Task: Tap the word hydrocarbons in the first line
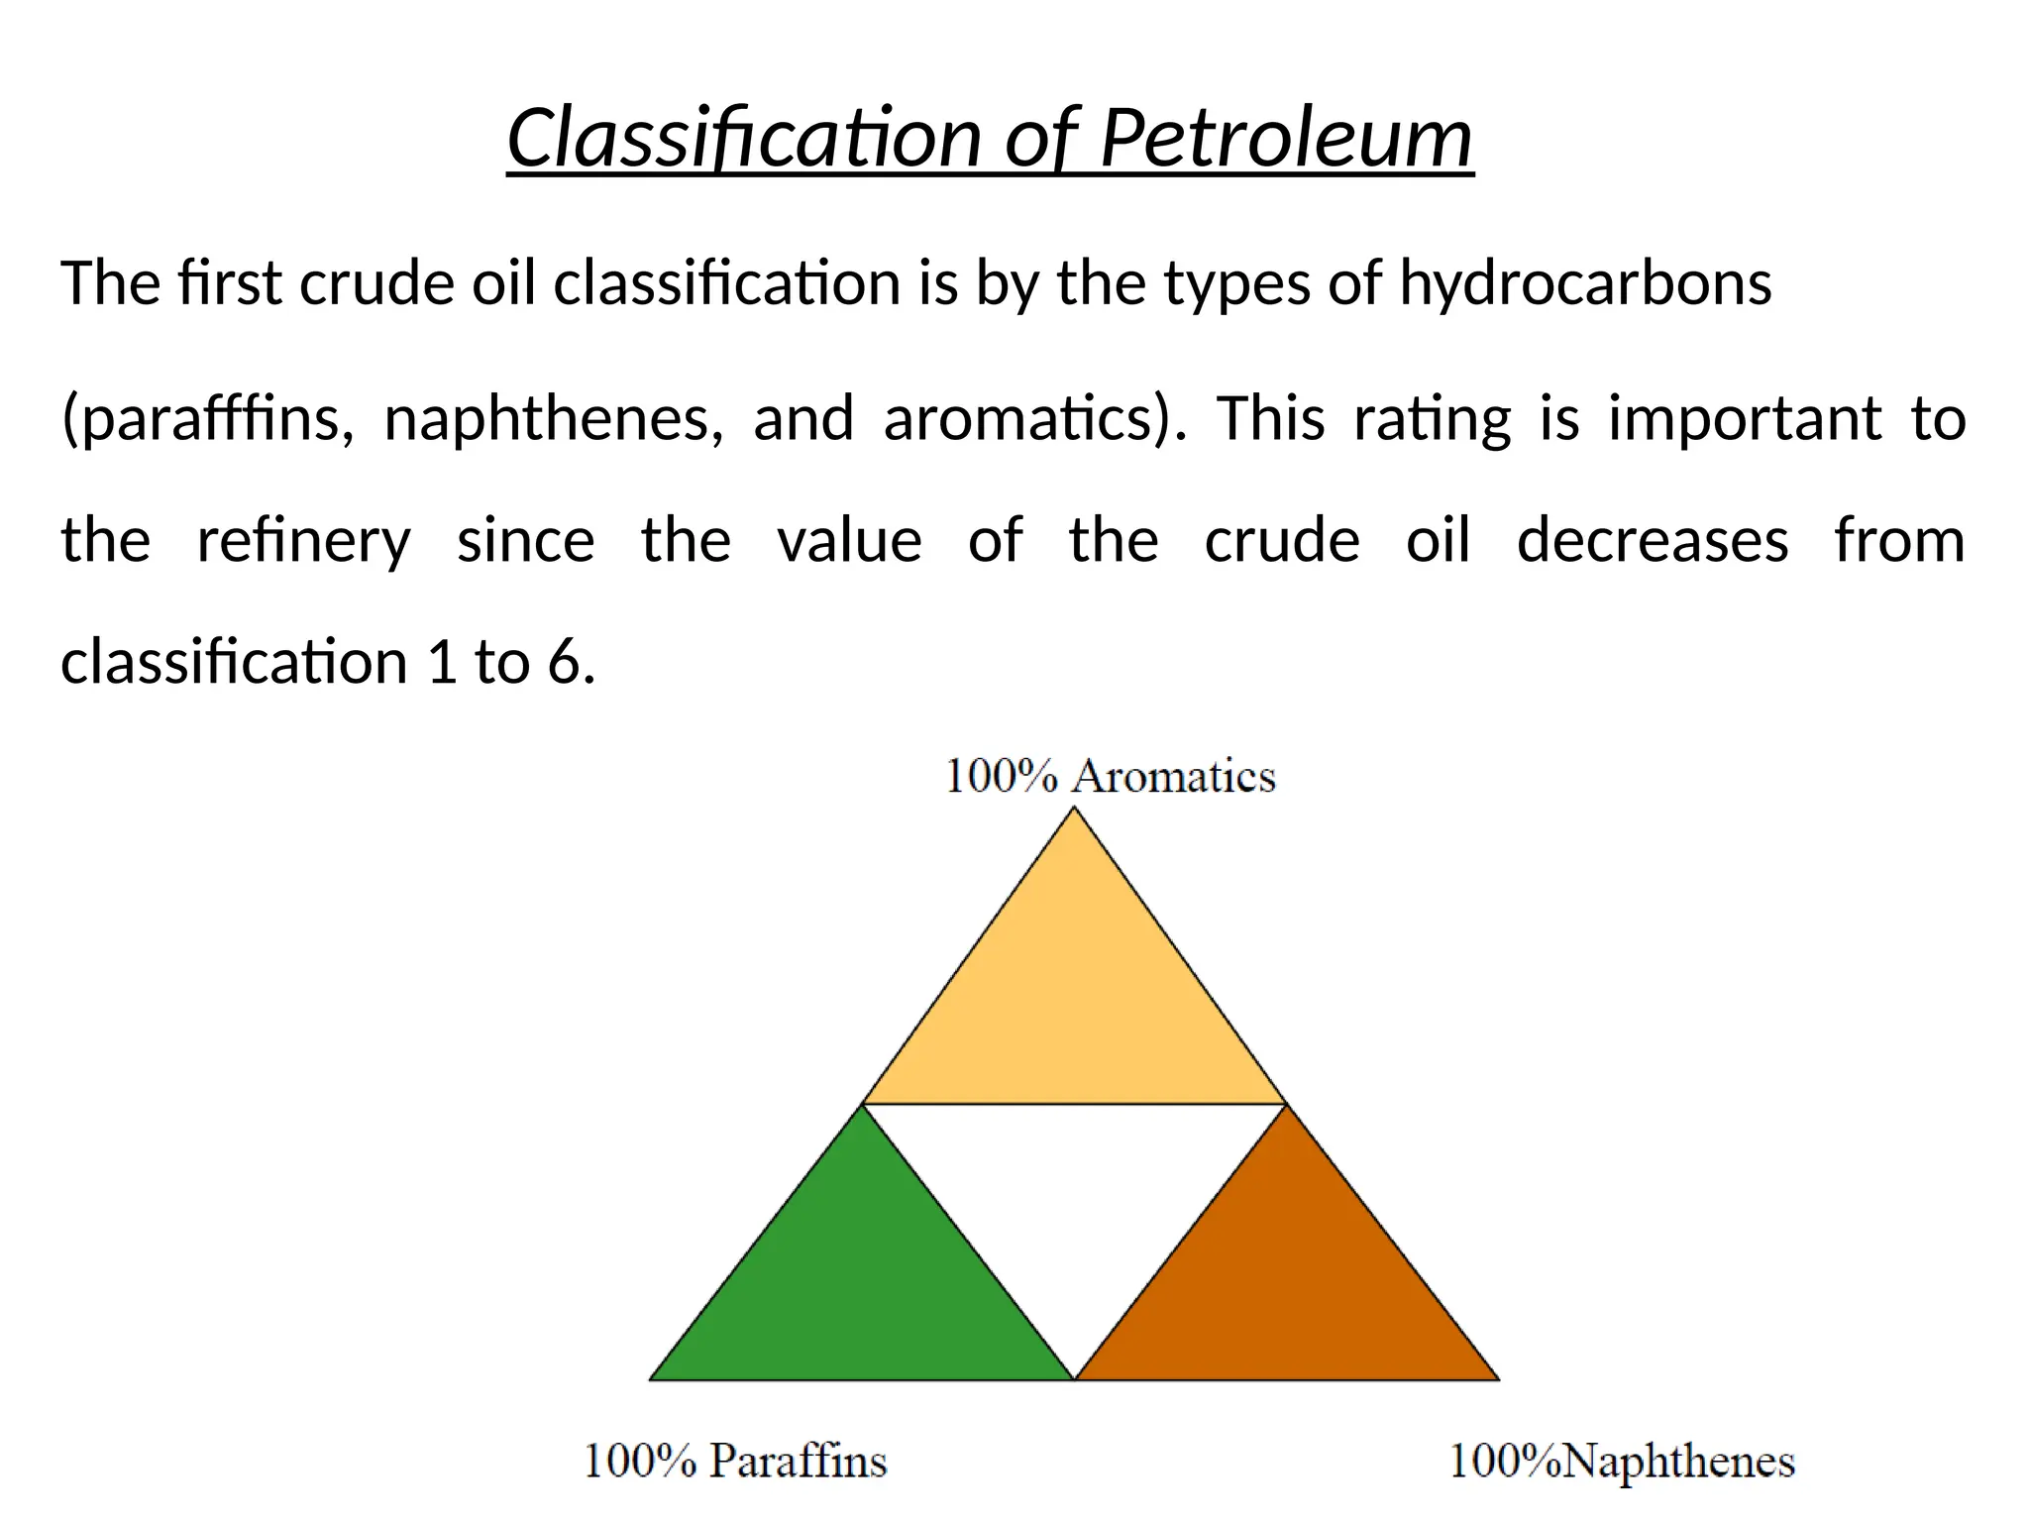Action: tap(1585, 283)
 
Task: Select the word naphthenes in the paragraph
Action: tap(553, 418)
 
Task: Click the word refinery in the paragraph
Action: tap(303, 541)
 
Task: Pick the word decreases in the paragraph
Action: tap(1653, 541)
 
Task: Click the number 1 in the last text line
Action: tap(441, 662)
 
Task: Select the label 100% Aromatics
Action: tap(1110, 776)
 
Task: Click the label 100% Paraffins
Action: tap(734, 1462)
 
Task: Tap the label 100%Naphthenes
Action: tap(1622, 1462)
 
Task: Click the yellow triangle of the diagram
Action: tap(1075, 1001)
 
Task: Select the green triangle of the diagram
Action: tap(862, 1288)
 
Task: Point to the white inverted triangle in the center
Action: tap(1075, 1189)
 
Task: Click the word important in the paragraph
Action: tap(1744, 418)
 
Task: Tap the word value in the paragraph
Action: tap(849, 541)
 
